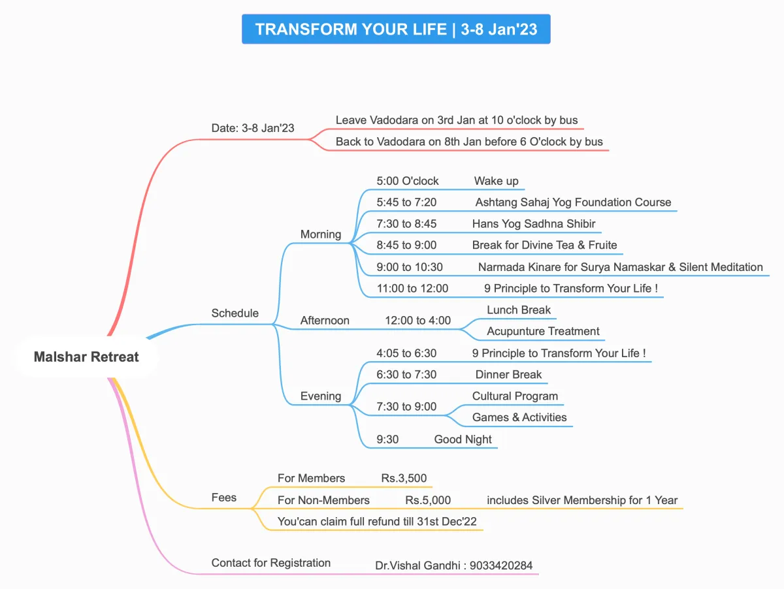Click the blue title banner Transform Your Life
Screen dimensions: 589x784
tap(396, 29)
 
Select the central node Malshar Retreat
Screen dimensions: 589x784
tap(86, 357)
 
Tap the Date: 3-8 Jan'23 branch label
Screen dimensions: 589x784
tap(253, 128)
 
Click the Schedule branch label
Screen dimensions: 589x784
tap(235, 313)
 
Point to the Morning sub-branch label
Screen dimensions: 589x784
tap(320, 234)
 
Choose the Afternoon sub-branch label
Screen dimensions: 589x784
tap(325, 321)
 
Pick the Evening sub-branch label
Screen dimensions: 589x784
tap(320, 396)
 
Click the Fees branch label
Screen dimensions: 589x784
tap(223, 498)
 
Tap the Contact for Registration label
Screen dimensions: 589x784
tap(270, 563)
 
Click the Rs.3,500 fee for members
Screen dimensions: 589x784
tap(404, 479)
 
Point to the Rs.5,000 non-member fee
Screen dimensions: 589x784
tap(428, 501)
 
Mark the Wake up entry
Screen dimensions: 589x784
tap(496, 182)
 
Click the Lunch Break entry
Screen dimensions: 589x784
tap(519, 310)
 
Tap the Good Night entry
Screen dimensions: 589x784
tap(463, 439)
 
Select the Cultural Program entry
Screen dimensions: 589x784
tap(515, 396)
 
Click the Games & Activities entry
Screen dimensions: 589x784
tap(519, 418)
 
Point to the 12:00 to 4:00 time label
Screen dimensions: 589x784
tap(417, 321)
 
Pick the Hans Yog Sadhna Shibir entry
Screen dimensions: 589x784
tap(534, 224)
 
